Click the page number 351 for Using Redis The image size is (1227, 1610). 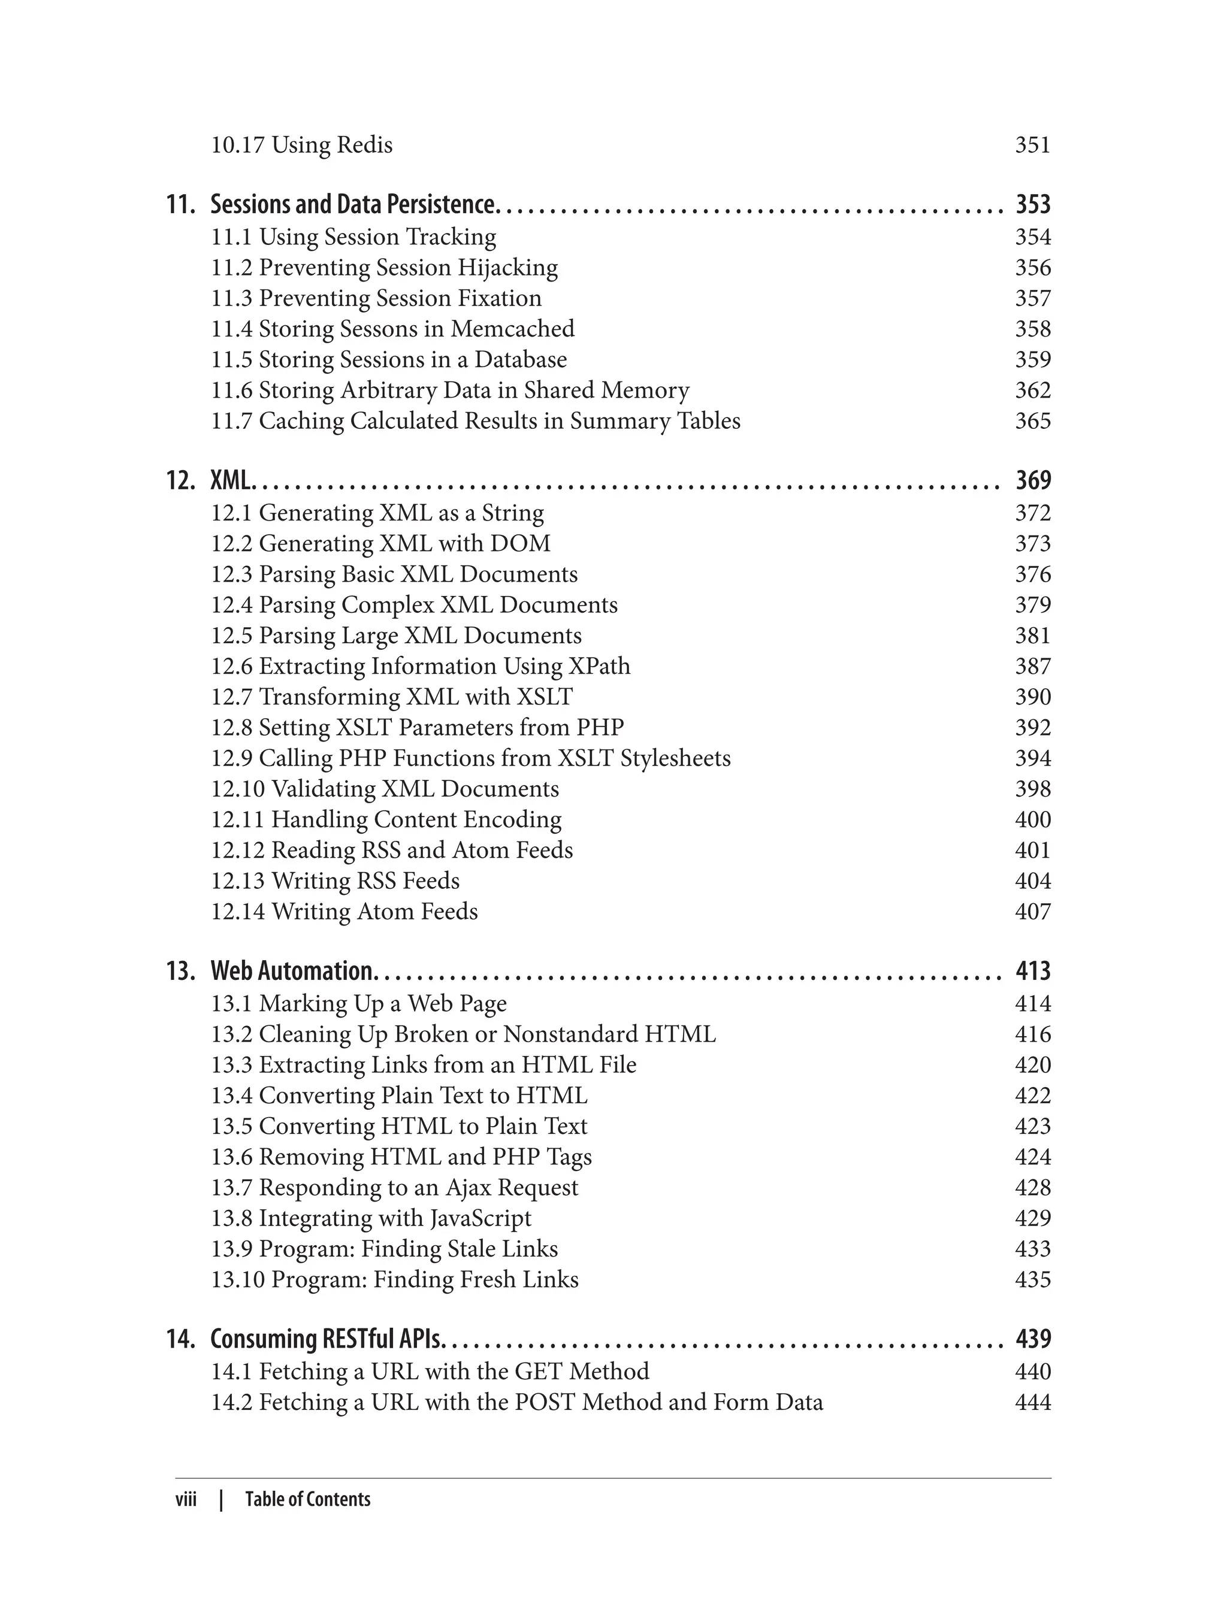click(x=1032, y=146)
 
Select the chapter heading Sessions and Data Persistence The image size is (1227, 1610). click(x=353, y=204)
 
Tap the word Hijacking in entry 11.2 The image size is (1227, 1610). click(x=507, y=268)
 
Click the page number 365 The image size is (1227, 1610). click(x=1032, y=421)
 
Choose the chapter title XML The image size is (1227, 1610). click(x=231, y=480)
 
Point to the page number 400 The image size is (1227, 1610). click(x=1032, y=820)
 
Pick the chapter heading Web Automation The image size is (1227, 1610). click(x=291, y=971)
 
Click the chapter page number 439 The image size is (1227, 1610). click(x=1032, y=1339)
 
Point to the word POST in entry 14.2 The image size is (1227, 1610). click(x=544, y=1403)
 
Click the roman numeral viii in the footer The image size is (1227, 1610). click(x=186, y=1499)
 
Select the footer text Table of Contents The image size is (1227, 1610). click(x=307, y=1499)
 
